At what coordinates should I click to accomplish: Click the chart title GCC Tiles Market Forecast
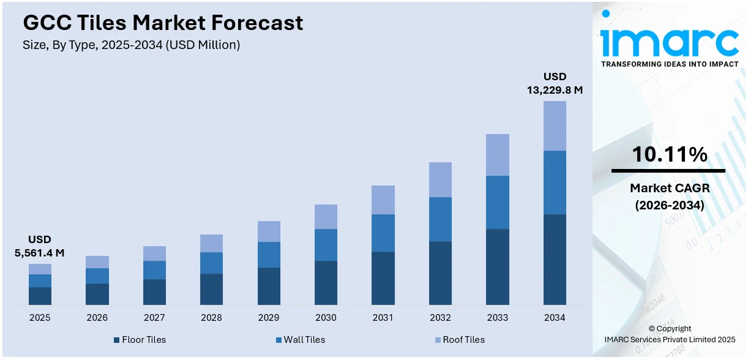(163, 23)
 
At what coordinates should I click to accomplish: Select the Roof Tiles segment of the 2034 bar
(555, 126)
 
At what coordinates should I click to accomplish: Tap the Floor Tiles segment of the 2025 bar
(40, 296)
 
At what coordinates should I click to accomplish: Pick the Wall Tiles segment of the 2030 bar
(326, 245)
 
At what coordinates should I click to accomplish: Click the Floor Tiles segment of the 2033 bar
(497, 267)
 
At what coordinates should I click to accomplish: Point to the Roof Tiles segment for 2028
(211, 243)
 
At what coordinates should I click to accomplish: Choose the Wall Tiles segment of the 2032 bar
(440, 219)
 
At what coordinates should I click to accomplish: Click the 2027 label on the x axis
(154, 318)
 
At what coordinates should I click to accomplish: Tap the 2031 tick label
(383, 318)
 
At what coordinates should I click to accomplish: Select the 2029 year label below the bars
(269, 318)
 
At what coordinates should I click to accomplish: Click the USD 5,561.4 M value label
(39, 246)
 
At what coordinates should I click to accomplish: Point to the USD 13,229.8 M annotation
(555, 83)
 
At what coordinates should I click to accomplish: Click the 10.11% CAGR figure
(669, 155)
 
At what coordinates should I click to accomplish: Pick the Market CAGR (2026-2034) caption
(668, 197)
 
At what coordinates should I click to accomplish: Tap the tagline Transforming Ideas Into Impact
(669, 64)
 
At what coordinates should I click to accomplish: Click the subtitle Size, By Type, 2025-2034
(131, 44)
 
